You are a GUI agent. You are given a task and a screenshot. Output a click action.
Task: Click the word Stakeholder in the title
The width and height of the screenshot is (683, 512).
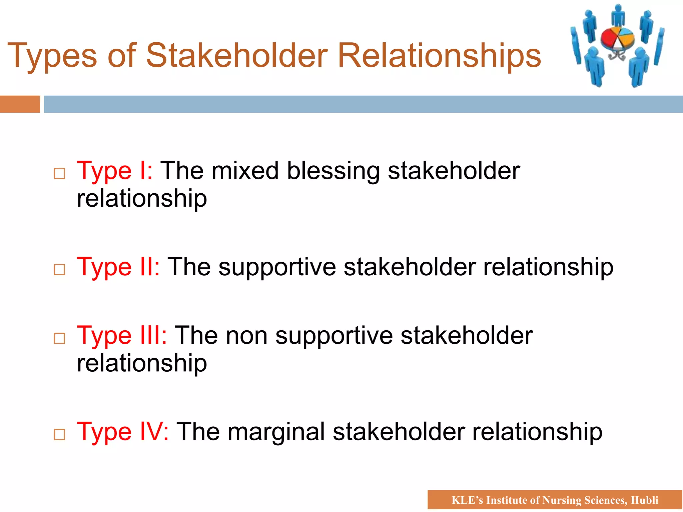pyautogui.click(x=237, y=55)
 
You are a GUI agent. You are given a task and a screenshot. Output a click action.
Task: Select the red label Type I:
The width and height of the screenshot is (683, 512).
pyautogui.click(x=115, y=171)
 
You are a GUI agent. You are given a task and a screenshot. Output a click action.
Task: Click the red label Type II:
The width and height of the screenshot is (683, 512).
pyautogui.click(x=118, y=267)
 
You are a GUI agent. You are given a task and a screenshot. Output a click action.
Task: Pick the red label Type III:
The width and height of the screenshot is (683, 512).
pyautogui.click(x=122, y=336)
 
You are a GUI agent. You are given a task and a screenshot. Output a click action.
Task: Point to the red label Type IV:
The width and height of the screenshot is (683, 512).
pyautogui.click(x=123, y=432)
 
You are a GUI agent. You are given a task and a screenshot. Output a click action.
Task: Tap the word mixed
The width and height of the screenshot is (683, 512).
pyautogui.click(x=245, y=171)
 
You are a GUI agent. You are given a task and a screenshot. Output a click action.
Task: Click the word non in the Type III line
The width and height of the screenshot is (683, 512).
pyautogui.click(x=246, y=336)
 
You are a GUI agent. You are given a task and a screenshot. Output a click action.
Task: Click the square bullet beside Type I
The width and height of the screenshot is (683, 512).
pyautogui.click(x=59, y=174)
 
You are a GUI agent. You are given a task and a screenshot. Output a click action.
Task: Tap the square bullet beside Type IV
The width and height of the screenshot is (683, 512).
pyautogui.click(x=59, y=435)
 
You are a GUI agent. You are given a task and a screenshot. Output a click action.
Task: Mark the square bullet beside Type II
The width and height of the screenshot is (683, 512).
pyautogui.click(x=59, y=270)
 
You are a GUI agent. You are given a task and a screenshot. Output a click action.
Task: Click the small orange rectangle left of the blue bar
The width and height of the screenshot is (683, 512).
pyautogui.click(x=20, y=104)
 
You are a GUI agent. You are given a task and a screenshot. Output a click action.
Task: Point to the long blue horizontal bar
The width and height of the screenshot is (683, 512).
pyautogui.click(x=364, y=104)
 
